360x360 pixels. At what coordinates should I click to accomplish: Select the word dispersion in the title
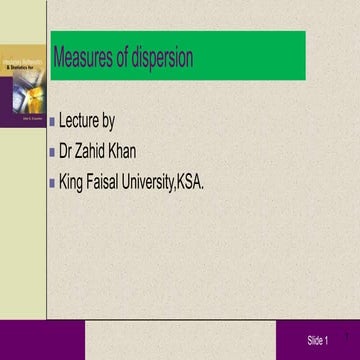[x=161, y=58]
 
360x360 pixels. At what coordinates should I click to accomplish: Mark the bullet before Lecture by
[x=52, y=124]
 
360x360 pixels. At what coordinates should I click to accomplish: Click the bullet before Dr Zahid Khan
[x=52, y=154]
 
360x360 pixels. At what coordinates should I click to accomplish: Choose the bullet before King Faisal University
[x=52, y=184]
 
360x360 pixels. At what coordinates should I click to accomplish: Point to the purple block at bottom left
[x=22, y=340]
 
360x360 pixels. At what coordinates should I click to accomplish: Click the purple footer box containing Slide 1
[x=316, y=341]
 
